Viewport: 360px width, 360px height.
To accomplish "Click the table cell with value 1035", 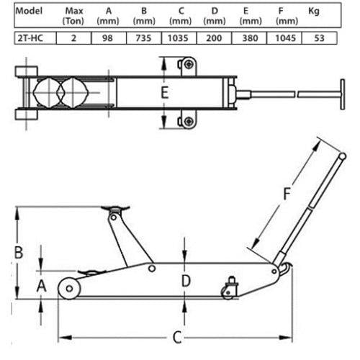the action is (179, 38).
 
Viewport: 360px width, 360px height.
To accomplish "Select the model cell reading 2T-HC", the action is (35, 38).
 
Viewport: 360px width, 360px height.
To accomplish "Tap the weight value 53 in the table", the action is (319, 38).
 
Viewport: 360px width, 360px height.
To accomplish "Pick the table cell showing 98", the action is (109, 38).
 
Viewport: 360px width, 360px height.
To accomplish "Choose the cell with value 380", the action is (249, 38).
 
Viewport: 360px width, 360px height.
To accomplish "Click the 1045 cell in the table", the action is (284, 38).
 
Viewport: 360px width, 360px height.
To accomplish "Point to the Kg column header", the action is (314, 11).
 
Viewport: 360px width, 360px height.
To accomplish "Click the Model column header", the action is (29, 11).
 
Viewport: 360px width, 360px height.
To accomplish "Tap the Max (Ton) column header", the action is (73, 16).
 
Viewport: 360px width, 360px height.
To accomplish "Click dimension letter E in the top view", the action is (165, 93).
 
